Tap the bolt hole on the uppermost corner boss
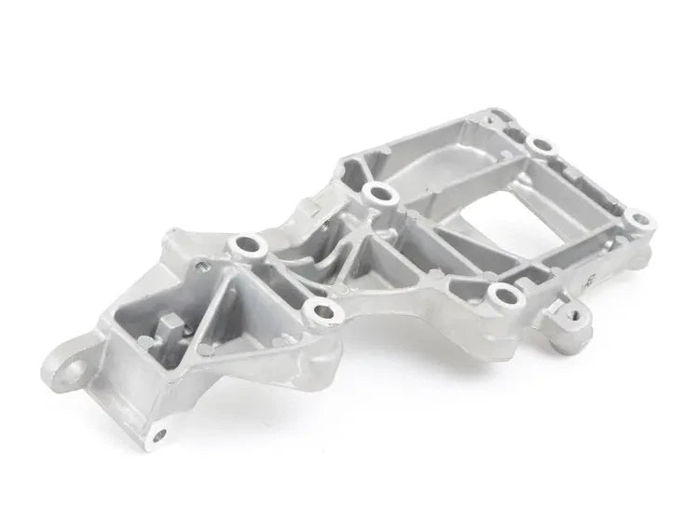click(539, 144)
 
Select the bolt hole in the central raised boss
click(377, 195)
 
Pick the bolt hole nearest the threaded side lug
click(503, 298)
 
